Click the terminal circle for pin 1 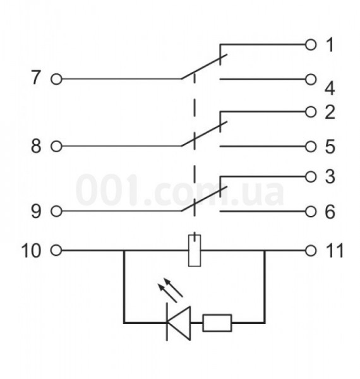[311, 45]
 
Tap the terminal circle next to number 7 [56, 79]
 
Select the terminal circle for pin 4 [311, 80]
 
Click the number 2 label [330, 112]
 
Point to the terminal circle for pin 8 [56, 147]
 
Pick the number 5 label [330, 147]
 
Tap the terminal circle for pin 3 [311, 177]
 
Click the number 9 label [36, 211]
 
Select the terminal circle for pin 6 [311, 212]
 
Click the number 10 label [31, 251]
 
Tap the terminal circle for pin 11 [311, 251]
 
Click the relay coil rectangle [195, 251]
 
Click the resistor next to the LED [217, 323]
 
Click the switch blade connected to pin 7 [204, 66]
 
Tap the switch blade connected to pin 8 [204, 134]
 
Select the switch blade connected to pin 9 [204, 199]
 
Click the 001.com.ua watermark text [179, 190]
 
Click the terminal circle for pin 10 [56, 250]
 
